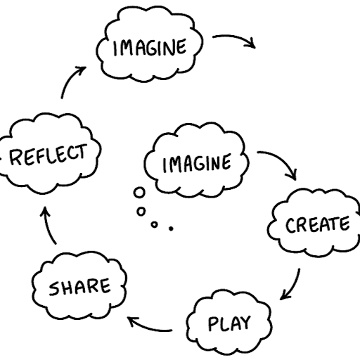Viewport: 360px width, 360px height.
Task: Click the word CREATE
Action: [318, 225]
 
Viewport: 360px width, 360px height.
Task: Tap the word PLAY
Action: [229, 323]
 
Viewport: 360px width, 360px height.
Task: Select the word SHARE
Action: [79, 286]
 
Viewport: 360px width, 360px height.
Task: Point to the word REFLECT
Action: [48, 155]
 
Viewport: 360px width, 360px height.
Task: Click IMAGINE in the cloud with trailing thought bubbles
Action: [197, 163]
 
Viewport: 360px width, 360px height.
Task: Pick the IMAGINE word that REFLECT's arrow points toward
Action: [150, 48]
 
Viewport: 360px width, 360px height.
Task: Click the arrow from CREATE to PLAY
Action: [294, 286]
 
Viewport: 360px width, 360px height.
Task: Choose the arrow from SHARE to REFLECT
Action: [48, 226]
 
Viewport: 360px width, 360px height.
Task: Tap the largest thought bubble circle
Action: [139, 193]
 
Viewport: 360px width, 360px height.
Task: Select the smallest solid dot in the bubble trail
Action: [171, 229]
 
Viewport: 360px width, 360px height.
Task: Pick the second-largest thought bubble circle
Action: [141, 212]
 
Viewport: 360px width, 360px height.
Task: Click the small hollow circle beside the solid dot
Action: [154, 224]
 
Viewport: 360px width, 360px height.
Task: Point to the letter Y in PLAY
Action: [245, 322]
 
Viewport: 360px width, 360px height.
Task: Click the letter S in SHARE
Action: [53, 289]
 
